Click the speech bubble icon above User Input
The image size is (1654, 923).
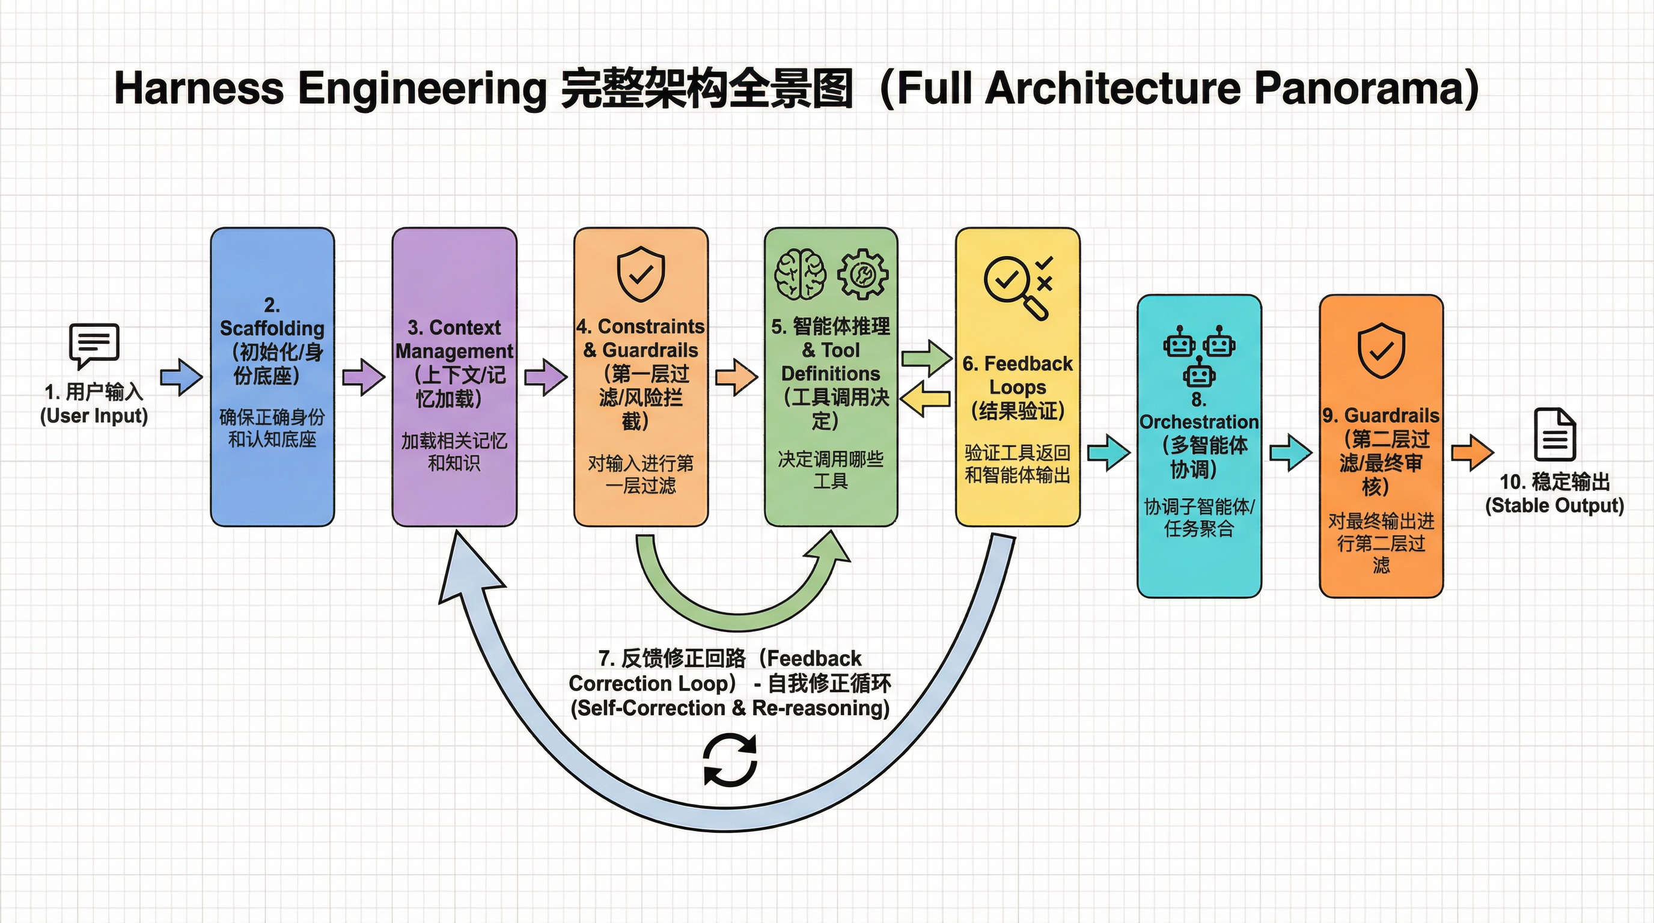[94, 346]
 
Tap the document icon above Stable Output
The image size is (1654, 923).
[1554, 434]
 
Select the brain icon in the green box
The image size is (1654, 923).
[799, 275]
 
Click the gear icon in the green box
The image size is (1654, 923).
[862, 275]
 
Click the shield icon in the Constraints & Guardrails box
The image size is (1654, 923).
[641, 274]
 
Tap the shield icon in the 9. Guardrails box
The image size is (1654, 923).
[1381, 350]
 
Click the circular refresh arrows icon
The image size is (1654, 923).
[730, 761]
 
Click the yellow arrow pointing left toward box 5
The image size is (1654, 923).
[924, 398]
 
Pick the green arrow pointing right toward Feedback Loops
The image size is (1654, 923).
[926, 358]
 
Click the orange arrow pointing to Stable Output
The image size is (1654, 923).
[1472, 452]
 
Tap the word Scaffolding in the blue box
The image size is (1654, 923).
[272, 328]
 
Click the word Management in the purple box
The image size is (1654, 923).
[454, 351]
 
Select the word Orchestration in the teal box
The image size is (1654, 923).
[1199, 422]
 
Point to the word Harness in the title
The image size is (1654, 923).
[198, 88]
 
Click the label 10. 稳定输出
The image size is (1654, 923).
[1554, 481]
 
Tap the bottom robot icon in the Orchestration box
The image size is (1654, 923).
[1199, 373]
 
